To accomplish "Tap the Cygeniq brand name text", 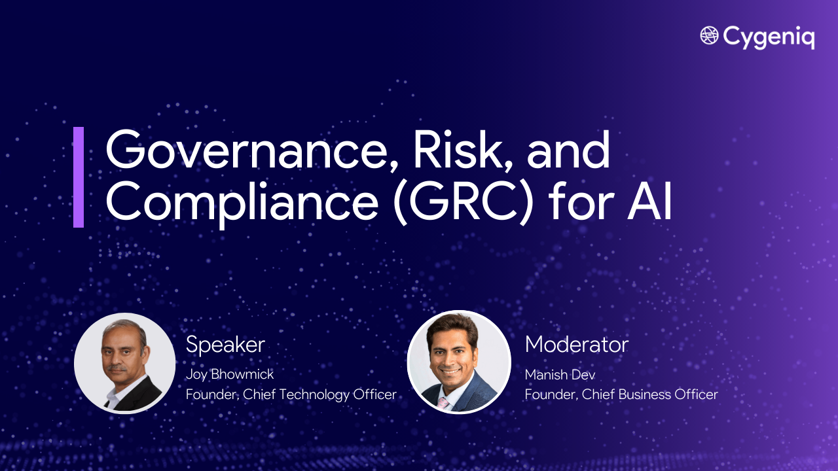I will (769, 37).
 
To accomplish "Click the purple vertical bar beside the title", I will (79, 177).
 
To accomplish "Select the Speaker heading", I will (225, 345).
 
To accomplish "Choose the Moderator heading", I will (576, 345).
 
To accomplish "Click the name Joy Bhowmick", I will (230, 375).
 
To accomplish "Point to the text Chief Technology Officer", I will (319, 394).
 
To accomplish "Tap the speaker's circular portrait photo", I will (124, 362).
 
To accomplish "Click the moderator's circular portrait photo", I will (458, 362).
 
